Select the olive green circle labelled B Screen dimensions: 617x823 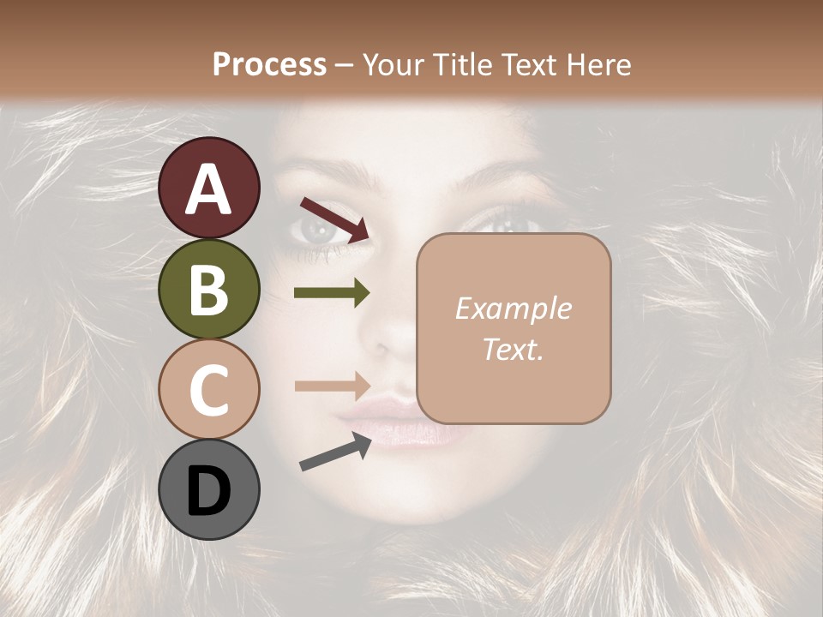tap(209, 289)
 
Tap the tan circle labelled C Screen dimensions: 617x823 tap(209, 389)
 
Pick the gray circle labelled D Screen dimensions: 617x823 tap(209, 489)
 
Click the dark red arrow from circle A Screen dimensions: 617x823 tap(334, 218)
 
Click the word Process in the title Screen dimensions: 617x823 tap(269, 64)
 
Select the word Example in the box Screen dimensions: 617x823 tap(513, 308)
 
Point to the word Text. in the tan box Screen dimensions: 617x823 tap(513, 349)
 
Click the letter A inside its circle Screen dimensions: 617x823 tap(209, 189)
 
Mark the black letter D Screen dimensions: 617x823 tap(209, 491)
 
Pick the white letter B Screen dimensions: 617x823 tap(209, 290)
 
